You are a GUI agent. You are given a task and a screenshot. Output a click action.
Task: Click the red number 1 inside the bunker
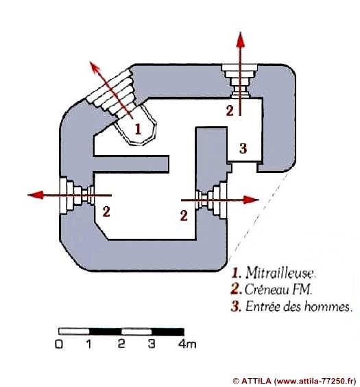[x=138, y=129]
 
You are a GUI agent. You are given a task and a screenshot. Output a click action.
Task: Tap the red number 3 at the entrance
[x=243, y=149]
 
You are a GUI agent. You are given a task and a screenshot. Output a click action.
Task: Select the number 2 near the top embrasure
[x=230, y=110]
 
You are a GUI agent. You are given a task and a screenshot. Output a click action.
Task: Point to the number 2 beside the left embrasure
[x=106, y=212]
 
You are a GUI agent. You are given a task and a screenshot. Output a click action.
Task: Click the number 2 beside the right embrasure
[x=184, y=215]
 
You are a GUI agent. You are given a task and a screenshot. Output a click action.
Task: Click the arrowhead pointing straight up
[x=241, y=40]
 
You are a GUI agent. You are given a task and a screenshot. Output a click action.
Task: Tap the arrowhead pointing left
[x=36, y=195]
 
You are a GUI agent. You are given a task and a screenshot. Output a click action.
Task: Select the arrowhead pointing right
[x=251, y=200]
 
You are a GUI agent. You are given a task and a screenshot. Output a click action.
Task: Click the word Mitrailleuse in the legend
[x=280, y=273]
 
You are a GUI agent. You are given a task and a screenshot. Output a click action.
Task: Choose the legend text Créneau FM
[x=278, y=290]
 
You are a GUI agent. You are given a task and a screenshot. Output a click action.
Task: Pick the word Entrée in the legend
[x=263, y=307]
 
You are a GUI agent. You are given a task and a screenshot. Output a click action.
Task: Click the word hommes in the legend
[x=327, y=307]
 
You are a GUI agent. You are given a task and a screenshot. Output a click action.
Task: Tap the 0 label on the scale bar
[x=59, y=344]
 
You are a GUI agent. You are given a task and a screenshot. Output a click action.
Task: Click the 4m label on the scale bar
[x=187, y=344]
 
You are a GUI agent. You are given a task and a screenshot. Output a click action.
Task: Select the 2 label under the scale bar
[x=121, y=344]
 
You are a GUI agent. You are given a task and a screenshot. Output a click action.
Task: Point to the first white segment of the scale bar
[x=74, y=331]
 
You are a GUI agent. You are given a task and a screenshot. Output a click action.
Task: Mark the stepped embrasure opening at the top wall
[x=239, y=81]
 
